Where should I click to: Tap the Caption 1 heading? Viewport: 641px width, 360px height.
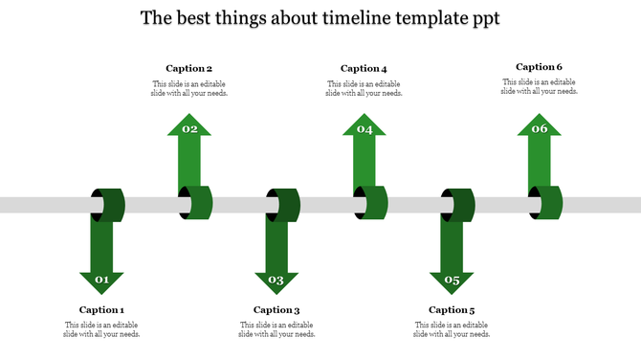pos(101,309)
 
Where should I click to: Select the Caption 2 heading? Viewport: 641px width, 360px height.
pos(188,68)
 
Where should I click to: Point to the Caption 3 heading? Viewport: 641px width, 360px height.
pos(276,309)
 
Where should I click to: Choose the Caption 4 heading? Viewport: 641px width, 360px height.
pos(364,68)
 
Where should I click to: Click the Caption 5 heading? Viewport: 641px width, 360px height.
pos(452,309)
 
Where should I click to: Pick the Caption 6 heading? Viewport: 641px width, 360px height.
pos(539,67)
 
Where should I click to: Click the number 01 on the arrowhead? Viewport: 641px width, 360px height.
pos(101,280)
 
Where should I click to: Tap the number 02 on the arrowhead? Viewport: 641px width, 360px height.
pos(189,128)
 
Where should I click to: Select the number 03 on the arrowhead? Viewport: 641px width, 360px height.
pos(276,280)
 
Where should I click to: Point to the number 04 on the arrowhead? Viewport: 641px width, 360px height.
pos(365,128)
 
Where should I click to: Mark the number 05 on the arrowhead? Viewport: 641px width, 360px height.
pos(453,280)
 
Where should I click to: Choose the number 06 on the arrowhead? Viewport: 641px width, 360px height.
pos(540,128)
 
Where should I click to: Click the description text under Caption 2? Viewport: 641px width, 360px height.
pos(189,88)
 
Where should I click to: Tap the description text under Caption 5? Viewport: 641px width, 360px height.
pos(452,329)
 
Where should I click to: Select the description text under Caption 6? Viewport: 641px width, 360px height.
pos(540,87)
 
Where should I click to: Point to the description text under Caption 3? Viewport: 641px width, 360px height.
pos(276,329)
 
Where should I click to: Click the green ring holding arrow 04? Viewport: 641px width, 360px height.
pos(370,203)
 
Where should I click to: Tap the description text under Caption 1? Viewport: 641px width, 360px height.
pos(101,329)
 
